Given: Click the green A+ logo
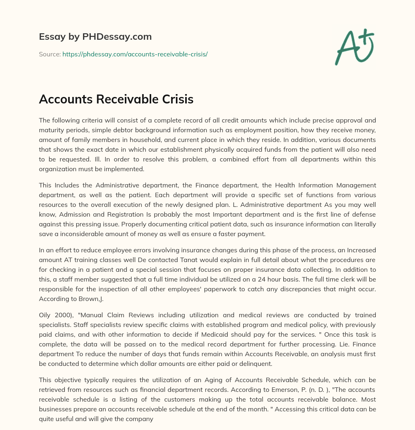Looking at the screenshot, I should [x=354, y=47].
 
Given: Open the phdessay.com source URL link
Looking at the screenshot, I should [x=135, y=54].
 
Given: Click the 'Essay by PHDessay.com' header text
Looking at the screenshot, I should [x=95, y=37].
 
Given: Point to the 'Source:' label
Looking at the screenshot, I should [x=50, y=54].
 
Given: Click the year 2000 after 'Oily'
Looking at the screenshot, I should [x=61, y=315].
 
